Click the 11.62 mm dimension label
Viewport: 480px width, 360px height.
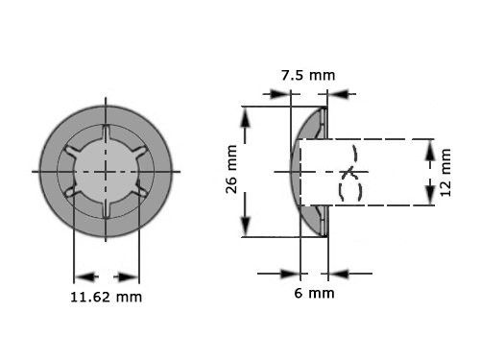(107, 297)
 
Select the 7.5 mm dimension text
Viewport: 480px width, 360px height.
(307, 74)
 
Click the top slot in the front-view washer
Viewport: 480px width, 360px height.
(107, 131)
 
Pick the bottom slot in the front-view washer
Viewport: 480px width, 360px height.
(107, 212)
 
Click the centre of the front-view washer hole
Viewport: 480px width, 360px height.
(107, 171)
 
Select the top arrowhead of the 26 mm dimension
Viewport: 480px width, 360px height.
(247, 114)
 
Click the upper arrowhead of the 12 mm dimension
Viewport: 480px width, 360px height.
(429, 146)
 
